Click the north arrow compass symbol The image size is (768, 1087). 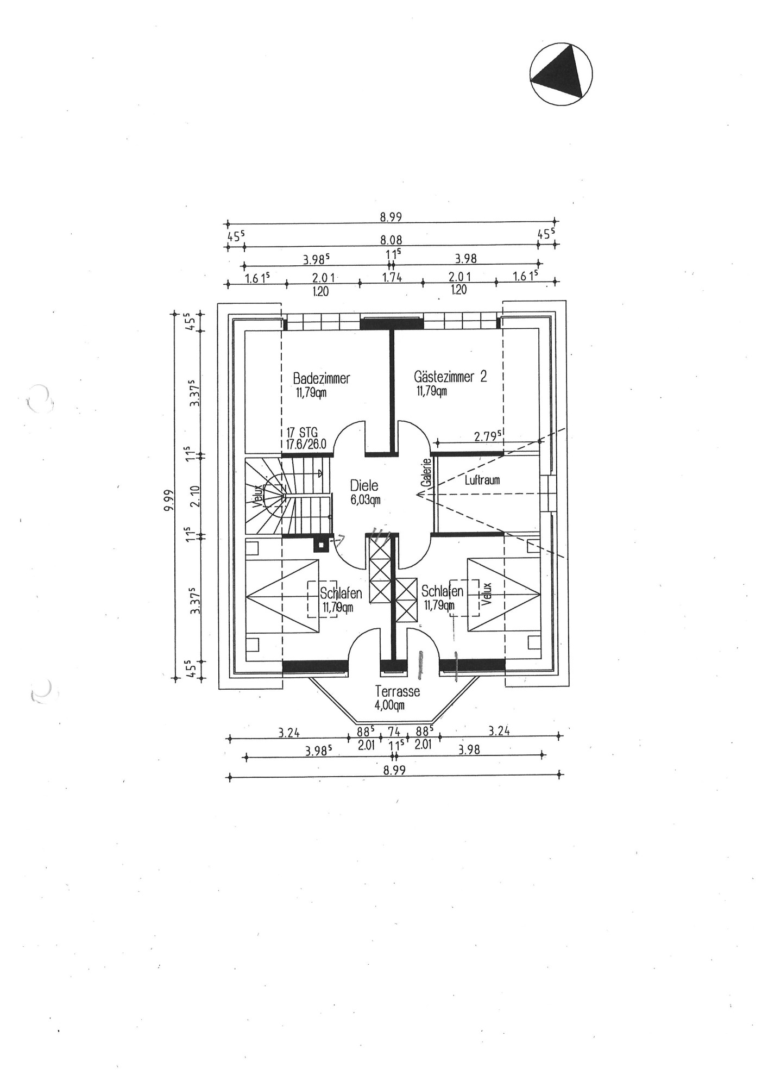tap(561, 73)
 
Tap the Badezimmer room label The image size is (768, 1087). tap(322, 378)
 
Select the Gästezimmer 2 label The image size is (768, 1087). tap(450, 376)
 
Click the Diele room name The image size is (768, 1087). tap(364, 485)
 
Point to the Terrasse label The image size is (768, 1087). tap(398, 691)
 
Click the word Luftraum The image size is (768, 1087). tap(482, 480)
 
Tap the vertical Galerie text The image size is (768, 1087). tap(427, 472)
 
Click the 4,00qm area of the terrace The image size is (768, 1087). tap(390, 705)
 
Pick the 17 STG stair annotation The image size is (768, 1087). tap(302, 433)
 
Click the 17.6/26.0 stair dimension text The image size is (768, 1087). tap(306, 444)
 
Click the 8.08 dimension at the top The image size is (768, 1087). tap(391, 240)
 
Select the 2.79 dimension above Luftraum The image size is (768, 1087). tap(487, 436)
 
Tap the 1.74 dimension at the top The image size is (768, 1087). tap(392, 277)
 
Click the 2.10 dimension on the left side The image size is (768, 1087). tap(196, 496)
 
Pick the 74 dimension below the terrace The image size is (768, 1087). tap(394, 732)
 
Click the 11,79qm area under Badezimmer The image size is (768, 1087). tap(311, 392)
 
